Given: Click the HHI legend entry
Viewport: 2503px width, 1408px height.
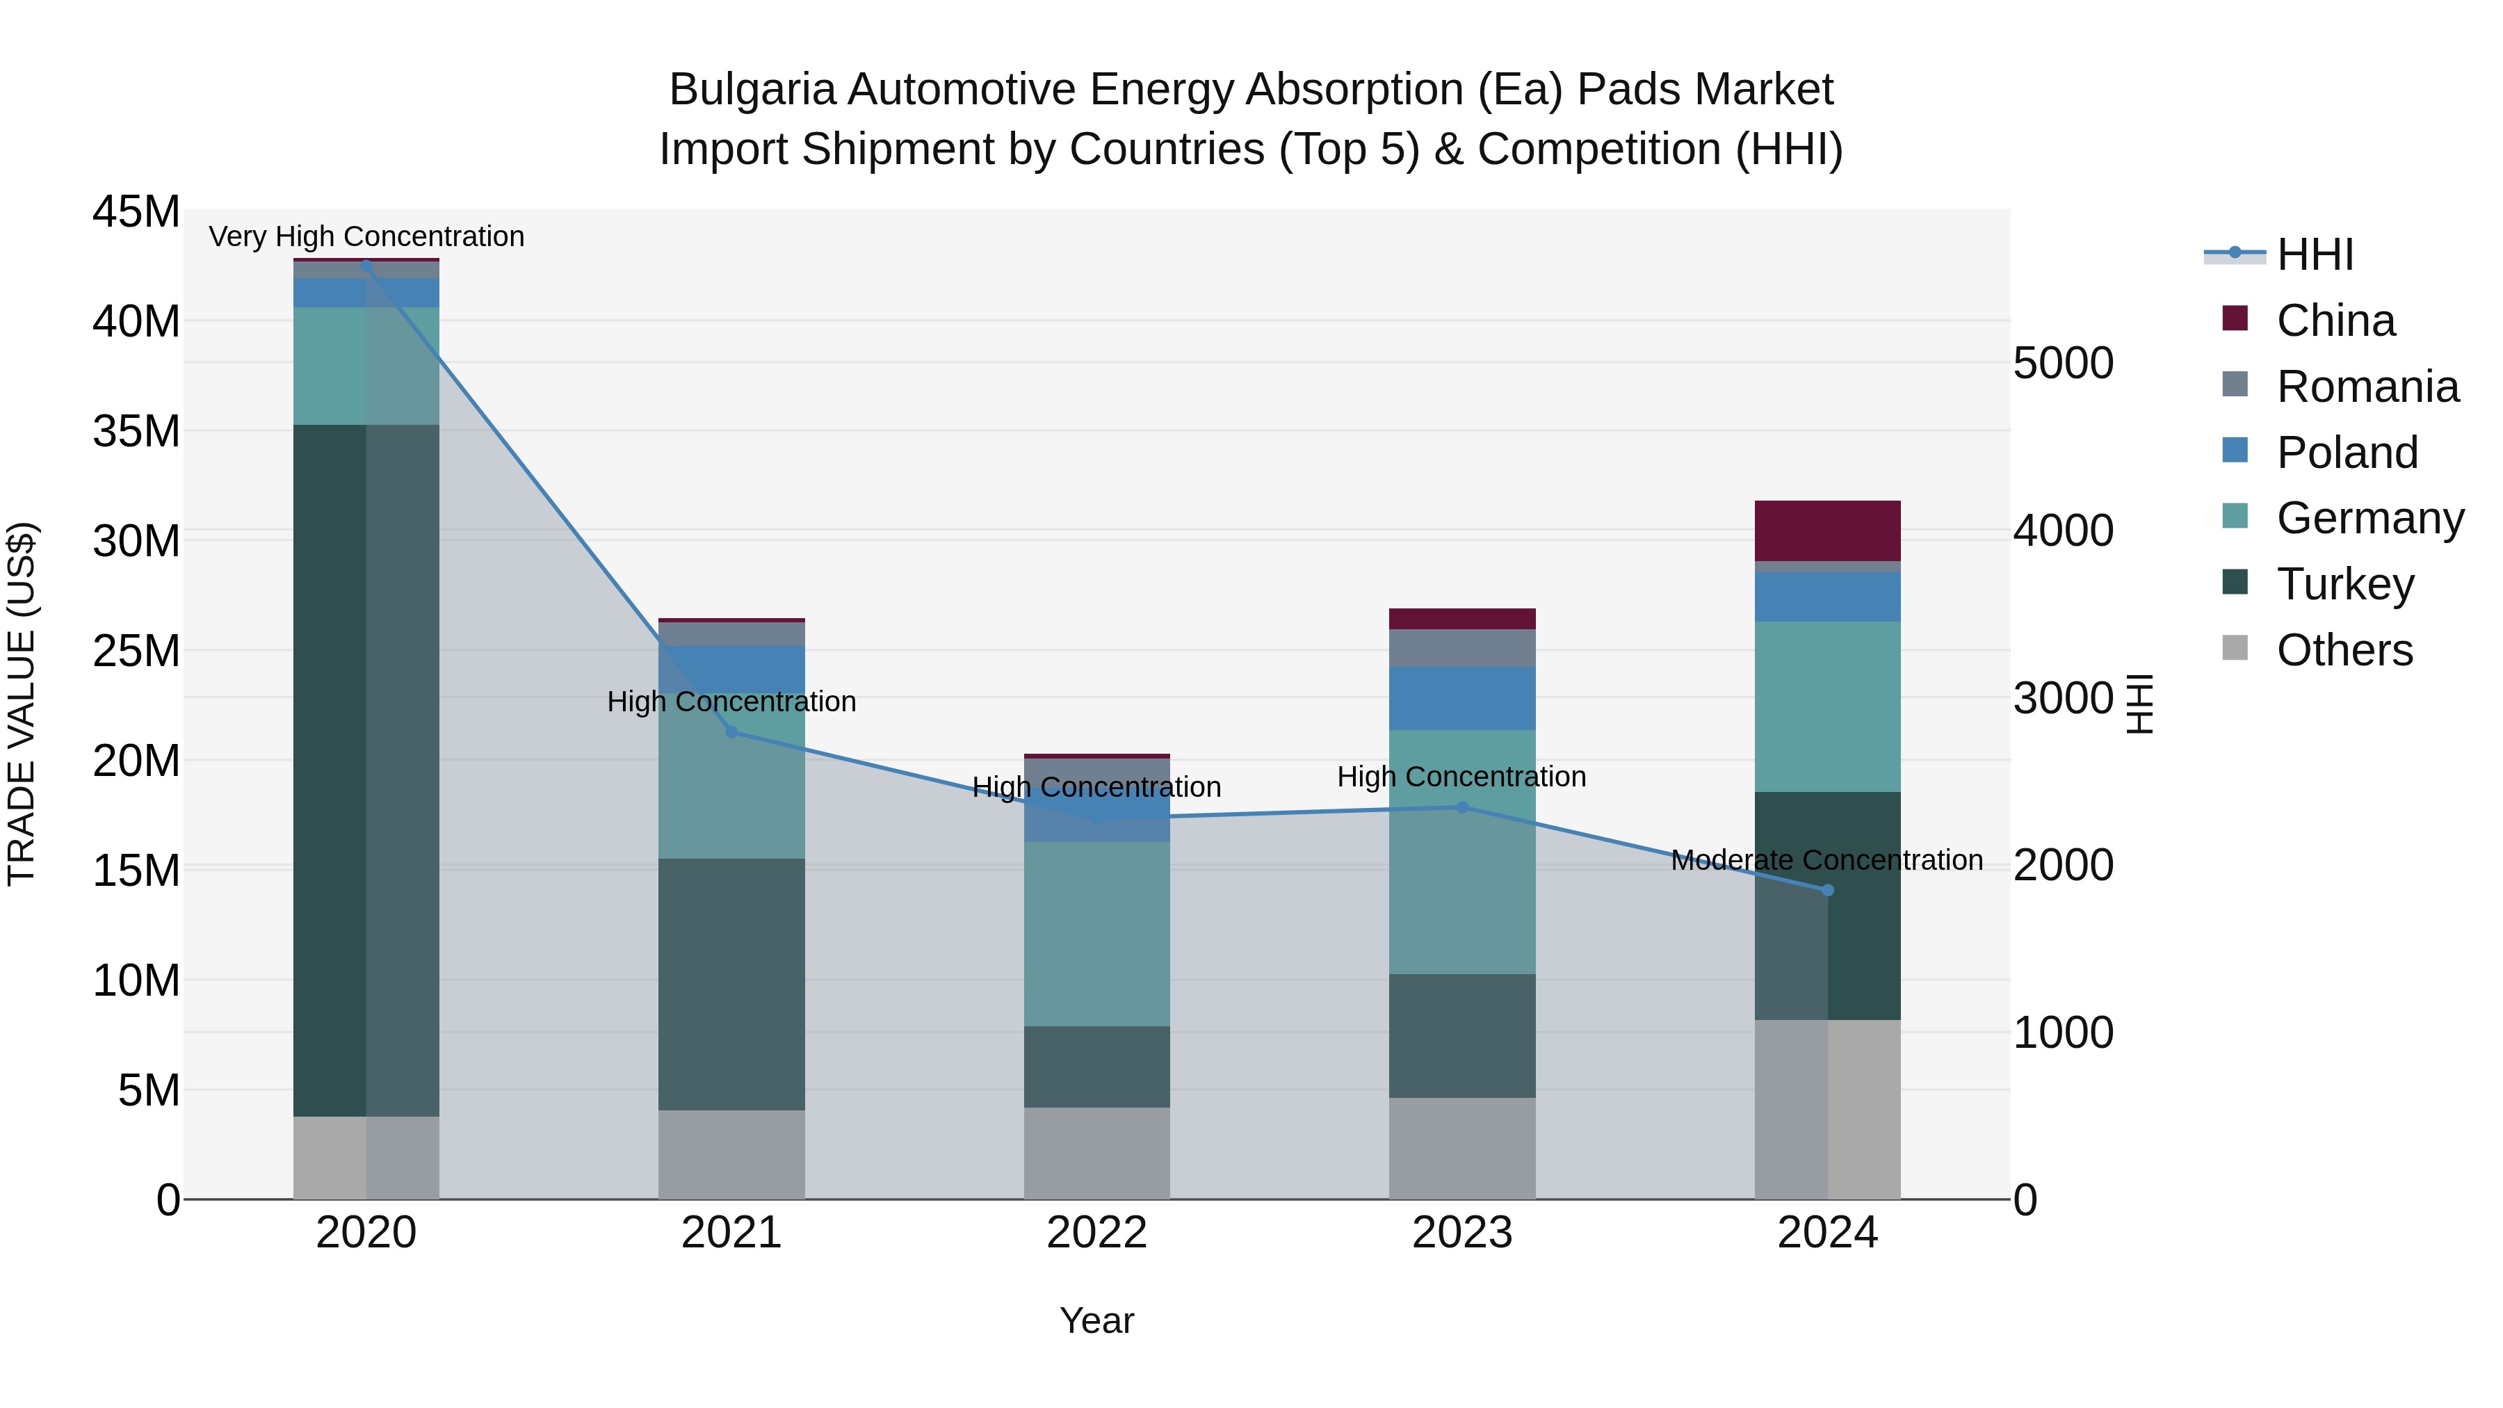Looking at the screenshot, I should (2313, 254).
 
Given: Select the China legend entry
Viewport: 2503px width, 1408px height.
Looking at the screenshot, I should (2335, 321).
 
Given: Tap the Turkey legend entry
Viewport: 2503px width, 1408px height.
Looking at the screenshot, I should (2344, 584).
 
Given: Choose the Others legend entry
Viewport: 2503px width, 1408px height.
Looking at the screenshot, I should (2344, 650).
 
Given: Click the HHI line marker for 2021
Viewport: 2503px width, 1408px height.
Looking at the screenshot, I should (731, 731).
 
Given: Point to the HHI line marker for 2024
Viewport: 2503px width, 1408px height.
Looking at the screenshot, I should (1828, 890).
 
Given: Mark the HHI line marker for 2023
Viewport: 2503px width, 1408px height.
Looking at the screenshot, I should (1462, 807).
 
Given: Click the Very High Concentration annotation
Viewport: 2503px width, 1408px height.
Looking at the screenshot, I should (366, 236).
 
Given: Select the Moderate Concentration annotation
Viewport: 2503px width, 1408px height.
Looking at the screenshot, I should (1826, 860).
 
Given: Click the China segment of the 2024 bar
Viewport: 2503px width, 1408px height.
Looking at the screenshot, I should (1828, 531).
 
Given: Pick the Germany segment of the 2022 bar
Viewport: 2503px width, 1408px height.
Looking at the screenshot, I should (1097, 933).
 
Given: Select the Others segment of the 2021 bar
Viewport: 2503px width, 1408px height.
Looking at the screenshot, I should (731, 1154).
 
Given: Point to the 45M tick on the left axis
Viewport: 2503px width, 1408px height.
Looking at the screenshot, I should (136, 212).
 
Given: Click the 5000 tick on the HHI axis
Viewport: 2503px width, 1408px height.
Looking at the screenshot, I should (2063, 364).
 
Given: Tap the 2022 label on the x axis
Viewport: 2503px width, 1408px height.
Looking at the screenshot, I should (1097, 1233).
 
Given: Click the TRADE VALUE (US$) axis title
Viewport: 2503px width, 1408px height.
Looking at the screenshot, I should (22, 704).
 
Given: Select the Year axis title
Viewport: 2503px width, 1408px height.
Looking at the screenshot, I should (1097, 1320).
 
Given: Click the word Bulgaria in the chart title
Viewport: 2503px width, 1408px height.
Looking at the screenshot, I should (751, 90).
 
